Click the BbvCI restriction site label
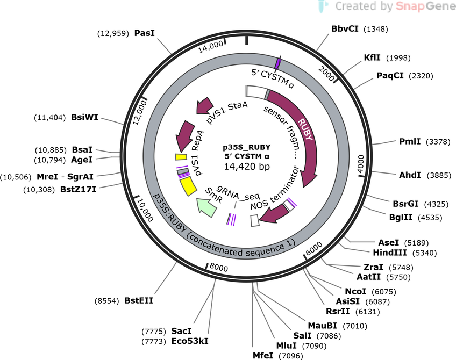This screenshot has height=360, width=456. click(x=345, y=29)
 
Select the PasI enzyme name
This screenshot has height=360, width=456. click(x=144, y=33)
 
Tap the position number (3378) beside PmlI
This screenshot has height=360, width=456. click(x=438, y=142)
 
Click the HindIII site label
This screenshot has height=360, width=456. click(x=390, y=253)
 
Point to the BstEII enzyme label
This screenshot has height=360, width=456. click(x=139, y=300)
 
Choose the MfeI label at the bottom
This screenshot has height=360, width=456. click(x=263, y=355)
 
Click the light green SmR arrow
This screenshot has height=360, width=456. click(x=206, y=207)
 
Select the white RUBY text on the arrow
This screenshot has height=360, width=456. click(x=305, y=129)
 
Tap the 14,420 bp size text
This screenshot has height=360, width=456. click(x=247, y=167)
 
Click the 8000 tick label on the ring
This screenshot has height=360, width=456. click(x=219, y=267)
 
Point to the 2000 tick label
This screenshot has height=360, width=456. click(x=326, y=73)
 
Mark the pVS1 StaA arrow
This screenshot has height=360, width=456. click(x=205, y=105)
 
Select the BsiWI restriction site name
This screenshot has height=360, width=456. click(x=84, y=117)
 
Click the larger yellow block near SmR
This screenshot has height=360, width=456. click(x=188, y=186)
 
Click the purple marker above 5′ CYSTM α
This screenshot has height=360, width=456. click(x=278, y=63)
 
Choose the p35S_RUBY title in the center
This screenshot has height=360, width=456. click(x=247, y=147)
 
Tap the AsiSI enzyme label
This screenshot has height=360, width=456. click(x=347, y=301)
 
